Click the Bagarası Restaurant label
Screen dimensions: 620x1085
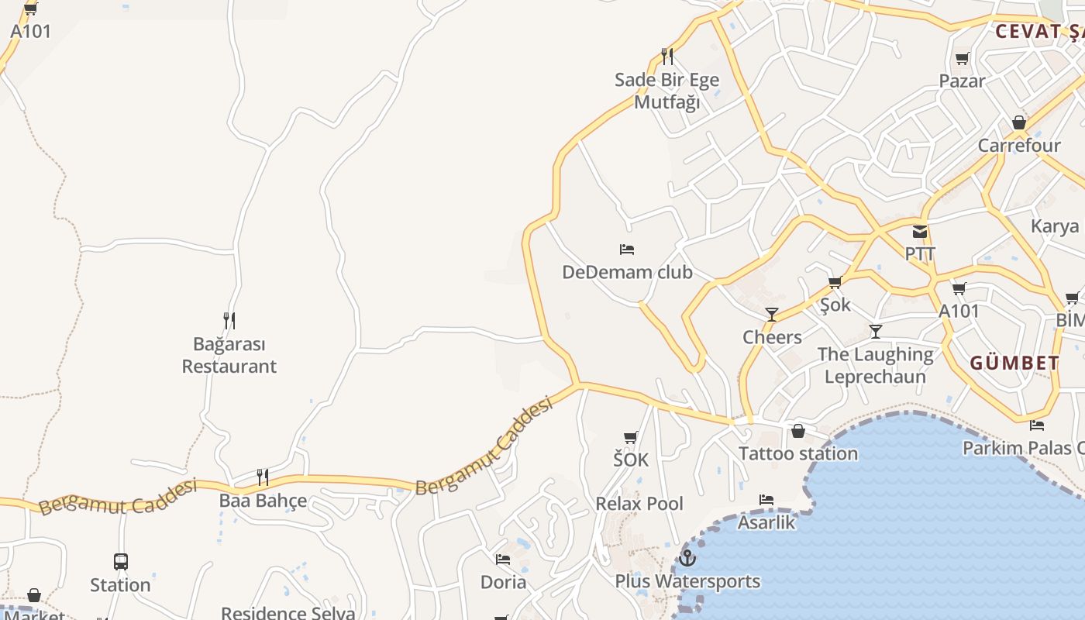click(x=229, y=355)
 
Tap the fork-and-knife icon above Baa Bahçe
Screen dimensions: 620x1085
click(x=263, y=477)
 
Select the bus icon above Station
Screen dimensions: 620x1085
click(x=120, y=561)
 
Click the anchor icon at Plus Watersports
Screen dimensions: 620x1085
click(x=687, y=557)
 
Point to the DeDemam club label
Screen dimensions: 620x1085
click(x=627, y=272)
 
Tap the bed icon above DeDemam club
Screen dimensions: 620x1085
click(x=627, y=250)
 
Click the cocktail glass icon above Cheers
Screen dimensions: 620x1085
click(x=772, y=314)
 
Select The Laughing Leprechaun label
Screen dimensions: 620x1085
click(x=875, y=365)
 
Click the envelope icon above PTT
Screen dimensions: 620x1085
click(x=920, y=231)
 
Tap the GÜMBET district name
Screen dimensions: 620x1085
click(x=1014, y=363)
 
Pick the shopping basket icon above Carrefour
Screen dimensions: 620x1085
click(x=1019, y=123)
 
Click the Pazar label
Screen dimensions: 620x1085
click(x=962, y=81)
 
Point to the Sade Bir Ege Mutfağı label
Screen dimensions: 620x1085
click(x=666, y=91)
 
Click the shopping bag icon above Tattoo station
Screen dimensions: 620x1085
click(x=798, y=431)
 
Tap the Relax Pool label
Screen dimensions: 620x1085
click(x=639, y=504)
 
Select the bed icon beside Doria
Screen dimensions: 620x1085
click(x=503, y=559)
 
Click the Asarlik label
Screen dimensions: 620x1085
click(x=766, y=522)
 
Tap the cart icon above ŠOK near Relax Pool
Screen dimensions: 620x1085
click(x=631, y=438)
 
